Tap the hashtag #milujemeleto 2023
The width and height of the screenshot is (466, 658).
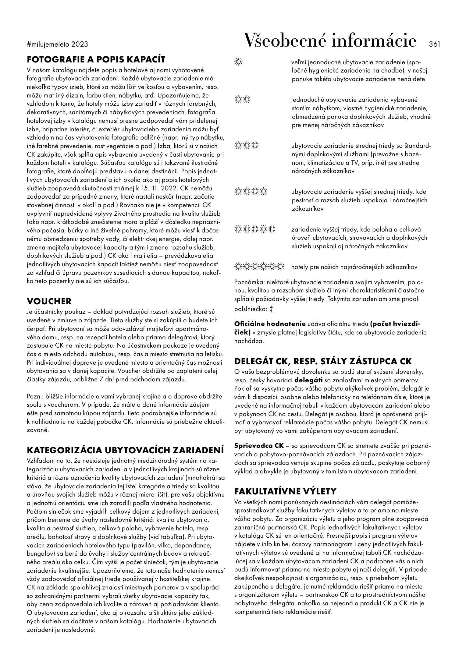(x=57, y=44)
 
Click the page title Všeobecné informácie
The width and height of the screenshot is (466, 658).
(x=330, y=41)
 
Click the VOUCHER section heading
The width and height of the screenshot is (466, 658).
(x=49, y=301)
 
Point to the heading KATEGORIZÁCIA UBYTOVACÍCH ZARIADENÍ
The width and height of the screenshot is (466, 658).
(x=125, y=450)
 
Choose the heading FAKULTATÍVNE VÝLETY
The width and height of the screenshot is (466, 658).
(x=285, y=491)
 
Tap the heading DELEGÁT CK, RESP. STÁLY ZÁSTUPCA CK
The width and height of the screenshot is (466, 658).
(x=323, y=361)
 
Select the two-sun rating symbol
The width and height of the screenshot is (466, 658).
(x=243, y=100)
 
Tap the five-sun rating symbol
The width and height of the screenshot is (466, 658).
(x=255, y=229)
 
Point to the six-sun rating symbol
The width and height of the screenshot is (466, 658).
(x=259, y=267)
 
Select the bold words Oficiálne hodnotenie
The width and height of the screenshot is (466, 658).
(x=270, y=324)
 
